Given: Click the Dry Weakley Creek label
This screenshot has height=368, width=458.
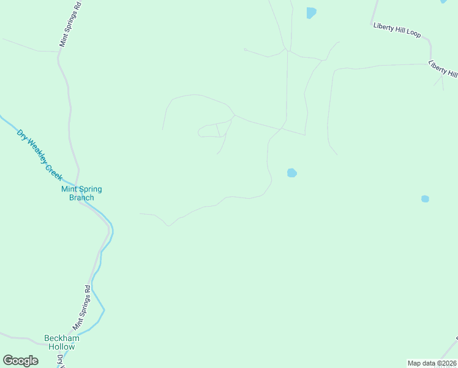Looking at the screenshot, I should coord(40,155).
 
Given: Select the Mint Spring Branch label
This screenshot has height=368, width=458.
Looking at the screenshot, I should coord(81,193).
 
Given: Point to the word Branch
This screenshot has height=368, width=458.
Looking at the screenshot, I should coord(81,197).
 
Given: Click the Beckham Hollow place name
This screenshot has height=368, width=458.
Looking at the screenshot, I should coord(62,342).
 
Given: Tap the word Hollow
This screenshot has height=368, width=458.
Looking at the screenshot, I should coord(62,347).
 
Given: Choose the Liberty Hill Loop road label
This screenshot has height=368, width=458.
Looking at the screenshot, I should coord(396,31).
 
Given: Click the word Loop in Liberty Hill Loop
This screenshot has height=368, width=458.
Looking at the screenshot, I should coord(413,34).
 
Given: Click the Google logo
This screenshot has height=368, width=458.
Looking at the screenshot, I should coord(20,361).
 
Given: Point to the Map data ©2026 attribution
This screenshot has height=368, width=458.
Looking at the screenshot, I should coord(432,363).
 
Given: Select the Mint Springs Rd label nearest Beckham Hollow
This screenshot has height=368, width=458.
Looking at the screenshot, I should coord(82,307).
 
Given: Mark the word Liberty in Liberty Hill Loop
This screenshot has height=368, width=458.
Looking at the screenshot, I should coord(383,27).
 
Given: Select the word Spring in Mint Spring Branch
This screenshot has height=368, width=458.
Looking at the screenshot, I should coord(90,189).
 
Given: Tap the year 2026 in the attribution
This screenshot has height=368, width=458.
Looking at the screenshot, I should coord(449,363).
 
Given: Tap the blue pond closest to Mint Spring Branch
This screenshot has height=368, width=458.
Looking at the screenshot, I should coord(292,173).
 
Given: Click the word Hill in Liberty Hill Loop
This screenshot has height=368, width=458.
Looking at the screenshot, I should coord(400,31).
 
